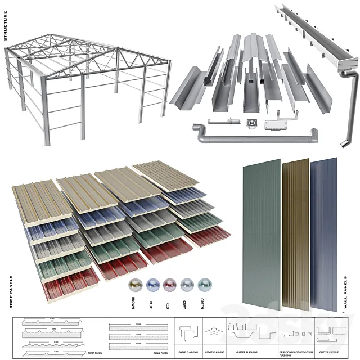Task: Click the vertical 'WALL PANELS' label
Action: tap(345, 294)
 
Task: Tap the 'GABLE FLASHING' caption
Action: tap(187, 353)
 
